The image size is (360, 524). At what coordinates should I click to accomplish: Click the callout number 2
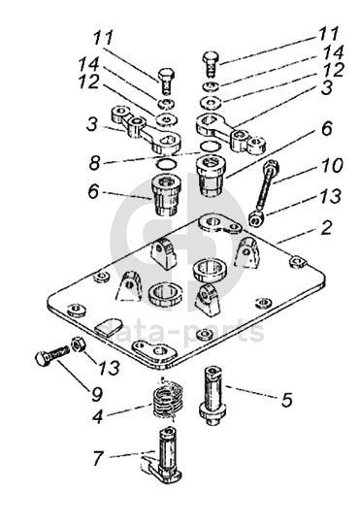pos(325,229)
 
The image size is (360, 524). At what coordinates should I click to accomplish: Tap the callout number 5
pos(286,400)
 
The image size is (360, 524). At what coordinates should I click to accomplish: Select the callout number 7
pos(98,458)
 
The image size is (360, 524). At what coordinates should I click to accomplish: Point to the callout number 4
pos(97,416)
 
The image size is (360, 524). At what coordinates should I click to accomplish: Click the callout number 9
pos(97,395)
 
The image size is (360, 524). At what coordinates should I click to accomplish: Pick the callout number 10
pos(331,165)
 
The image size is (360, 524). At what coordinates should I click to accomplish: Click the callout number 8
pos(95,163)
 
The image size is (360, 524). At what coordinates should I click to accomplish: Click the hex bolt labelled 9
pos(51,355)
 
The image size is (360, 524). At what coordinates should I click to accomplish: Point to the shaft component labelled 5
pos(213,396)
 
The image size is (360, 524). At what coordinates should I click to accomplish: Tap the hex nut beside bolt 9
pos(80,344)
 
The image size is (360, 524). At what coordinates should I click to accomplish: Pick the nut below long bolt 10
pos(257,218)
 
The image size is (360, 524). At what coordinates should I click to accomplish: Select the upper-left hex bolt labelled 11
pos(166,82)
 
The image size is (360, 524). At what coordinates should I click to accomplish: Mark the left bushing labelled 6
pos(166,195)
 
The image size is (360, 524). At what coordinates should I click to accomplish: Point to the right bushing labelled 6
pos(212,175)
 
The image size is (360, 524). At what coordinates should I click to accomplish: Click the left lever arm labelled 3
pos(146,131)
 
